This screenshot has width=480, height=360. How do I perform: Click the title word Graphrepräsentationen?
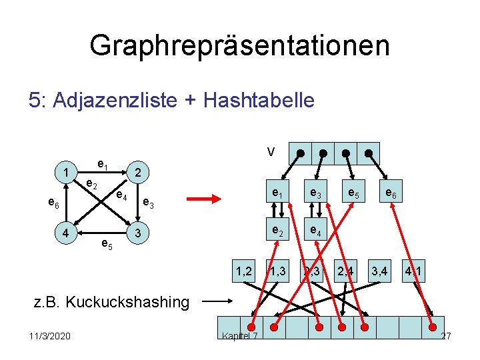coord(239,46)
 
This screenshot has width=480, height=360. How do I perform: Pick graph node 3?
coord(137,233)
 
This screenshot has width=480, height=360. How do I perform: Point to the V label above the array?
coord(271,153)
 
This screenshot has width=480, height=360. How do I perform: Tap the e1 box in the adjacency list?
coord(275,194)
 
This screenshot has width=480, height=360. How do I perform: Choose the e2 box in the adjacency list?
coord(275,233)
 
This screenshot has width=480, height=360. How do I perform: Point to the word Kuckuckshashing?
coord(131,302)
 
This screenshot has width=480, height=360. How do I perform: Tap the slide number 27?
coord(446,335)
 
